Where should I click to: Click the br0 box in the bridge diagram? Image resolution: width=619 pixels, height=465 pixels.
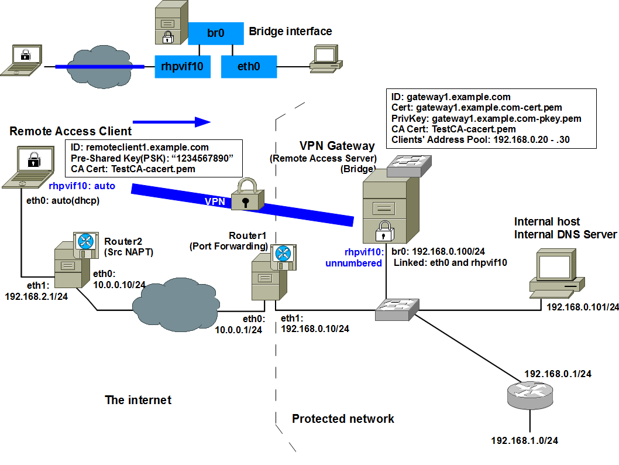coord(216,33)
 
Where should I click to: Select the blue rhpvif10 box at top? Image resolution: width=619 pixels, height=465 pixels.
coord(181,67)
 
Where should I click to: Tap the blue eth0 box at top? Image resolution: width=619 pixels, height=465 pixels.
coord(249,67)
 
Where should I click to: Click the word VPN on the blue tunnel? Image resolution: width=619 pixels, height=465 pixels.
coord(214,200)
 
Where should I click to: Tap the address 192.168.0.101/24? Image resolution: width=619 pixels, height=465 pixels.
coord(582,307)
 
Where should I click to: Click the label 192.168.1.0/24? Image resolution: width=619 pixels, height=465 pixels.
coord(524,440)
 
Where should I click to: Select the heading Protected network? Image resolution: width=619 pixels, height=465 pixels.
coord(343,419)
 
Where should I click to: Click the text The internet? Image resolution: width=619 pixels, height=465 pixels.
coord(138,400)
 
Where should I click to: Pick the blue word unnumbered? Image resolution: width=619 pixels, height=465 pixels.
coord(353,263)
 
